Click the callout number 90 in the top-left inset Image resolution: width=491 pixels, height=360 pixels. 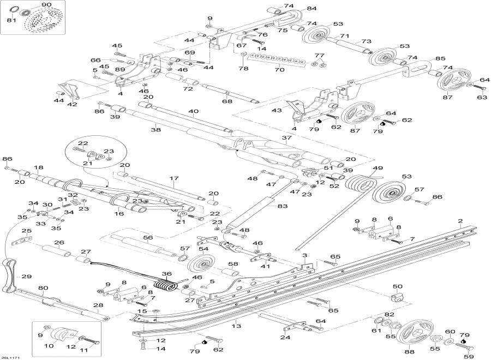46,5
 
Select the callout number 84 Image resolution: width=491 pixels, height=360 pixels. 312,9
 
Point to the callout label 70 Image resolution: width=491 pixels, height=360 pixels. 279,70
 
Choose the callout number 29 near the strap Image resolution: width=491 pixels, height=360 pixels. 27,277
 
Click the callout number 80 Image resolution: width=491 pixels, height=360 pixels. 44,287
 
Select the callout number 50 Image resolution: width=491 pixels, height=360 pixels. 398,286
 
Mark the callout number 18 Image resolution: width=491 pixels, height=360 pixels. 39,167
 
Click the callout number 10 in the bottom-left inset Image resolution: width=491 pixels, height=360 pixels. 49,345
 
